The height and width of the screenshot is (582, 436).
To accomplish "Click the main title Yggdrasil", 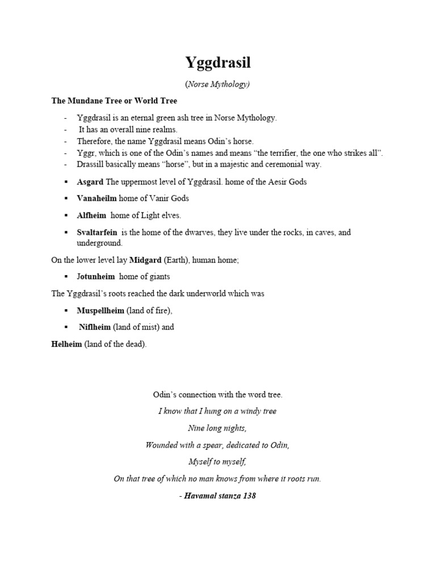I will [218, 62].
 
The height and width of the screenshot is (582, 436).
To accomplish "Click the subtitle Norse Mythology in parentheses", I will [218, 84].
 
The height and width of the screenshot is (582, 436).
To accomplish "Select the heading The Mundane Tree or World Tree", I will [114, 101].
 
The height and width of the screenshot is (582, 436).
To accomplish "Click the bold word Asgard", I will [90, 182].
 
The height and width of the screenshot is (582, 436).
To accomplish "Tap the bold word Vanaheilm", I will [97, 198].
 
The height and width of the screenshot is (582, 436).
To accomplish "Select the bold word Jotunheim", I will [96, 276].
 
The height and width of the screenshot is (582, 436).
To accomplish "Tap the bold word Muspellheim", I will [100, 310].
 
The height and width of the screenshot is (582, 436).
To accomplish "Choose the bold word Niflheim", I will [95, 327].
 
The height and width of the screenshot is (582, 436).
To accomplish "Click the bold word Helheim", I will [66, 344].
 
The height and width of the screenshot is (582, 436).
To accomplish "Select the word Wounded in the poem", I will [162, 444].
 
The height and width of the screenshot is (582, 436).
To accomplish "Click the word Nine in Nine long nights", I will [196, 427].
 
